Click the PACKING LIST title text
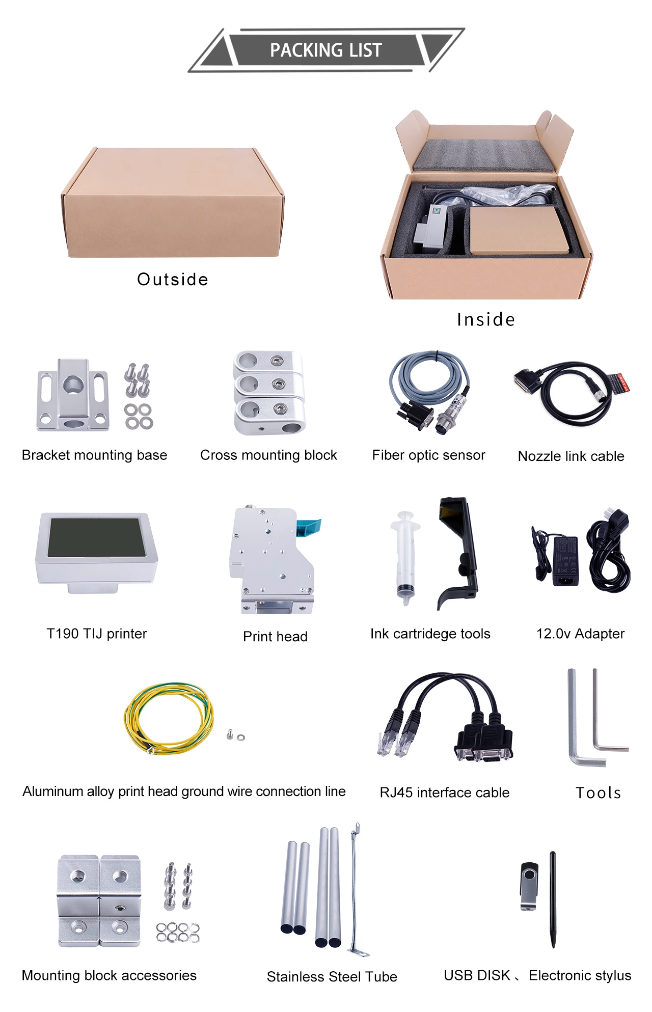(x=325, y=50)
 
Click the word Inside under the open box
(x=486, y=319)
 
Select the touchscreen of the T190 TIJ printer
(x=96, y=537)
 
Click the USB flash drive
(x=529, y=886)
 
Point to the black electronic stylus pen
(x=553, y=899)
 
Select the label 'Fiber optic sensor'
(x=428, y=455)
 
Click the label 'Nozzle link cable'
(x=570, y=456)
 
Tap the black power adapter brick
(x=565, y=560)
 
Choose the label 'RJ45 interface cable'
(x=444, y=792)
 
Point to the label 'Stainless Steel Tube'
(x=332, y=976)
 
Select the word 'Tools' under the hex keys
(x=598, y=792)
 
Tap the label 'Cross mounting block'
(x=268, y=455)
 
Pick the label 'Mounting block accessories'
(x=109, y=975)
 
